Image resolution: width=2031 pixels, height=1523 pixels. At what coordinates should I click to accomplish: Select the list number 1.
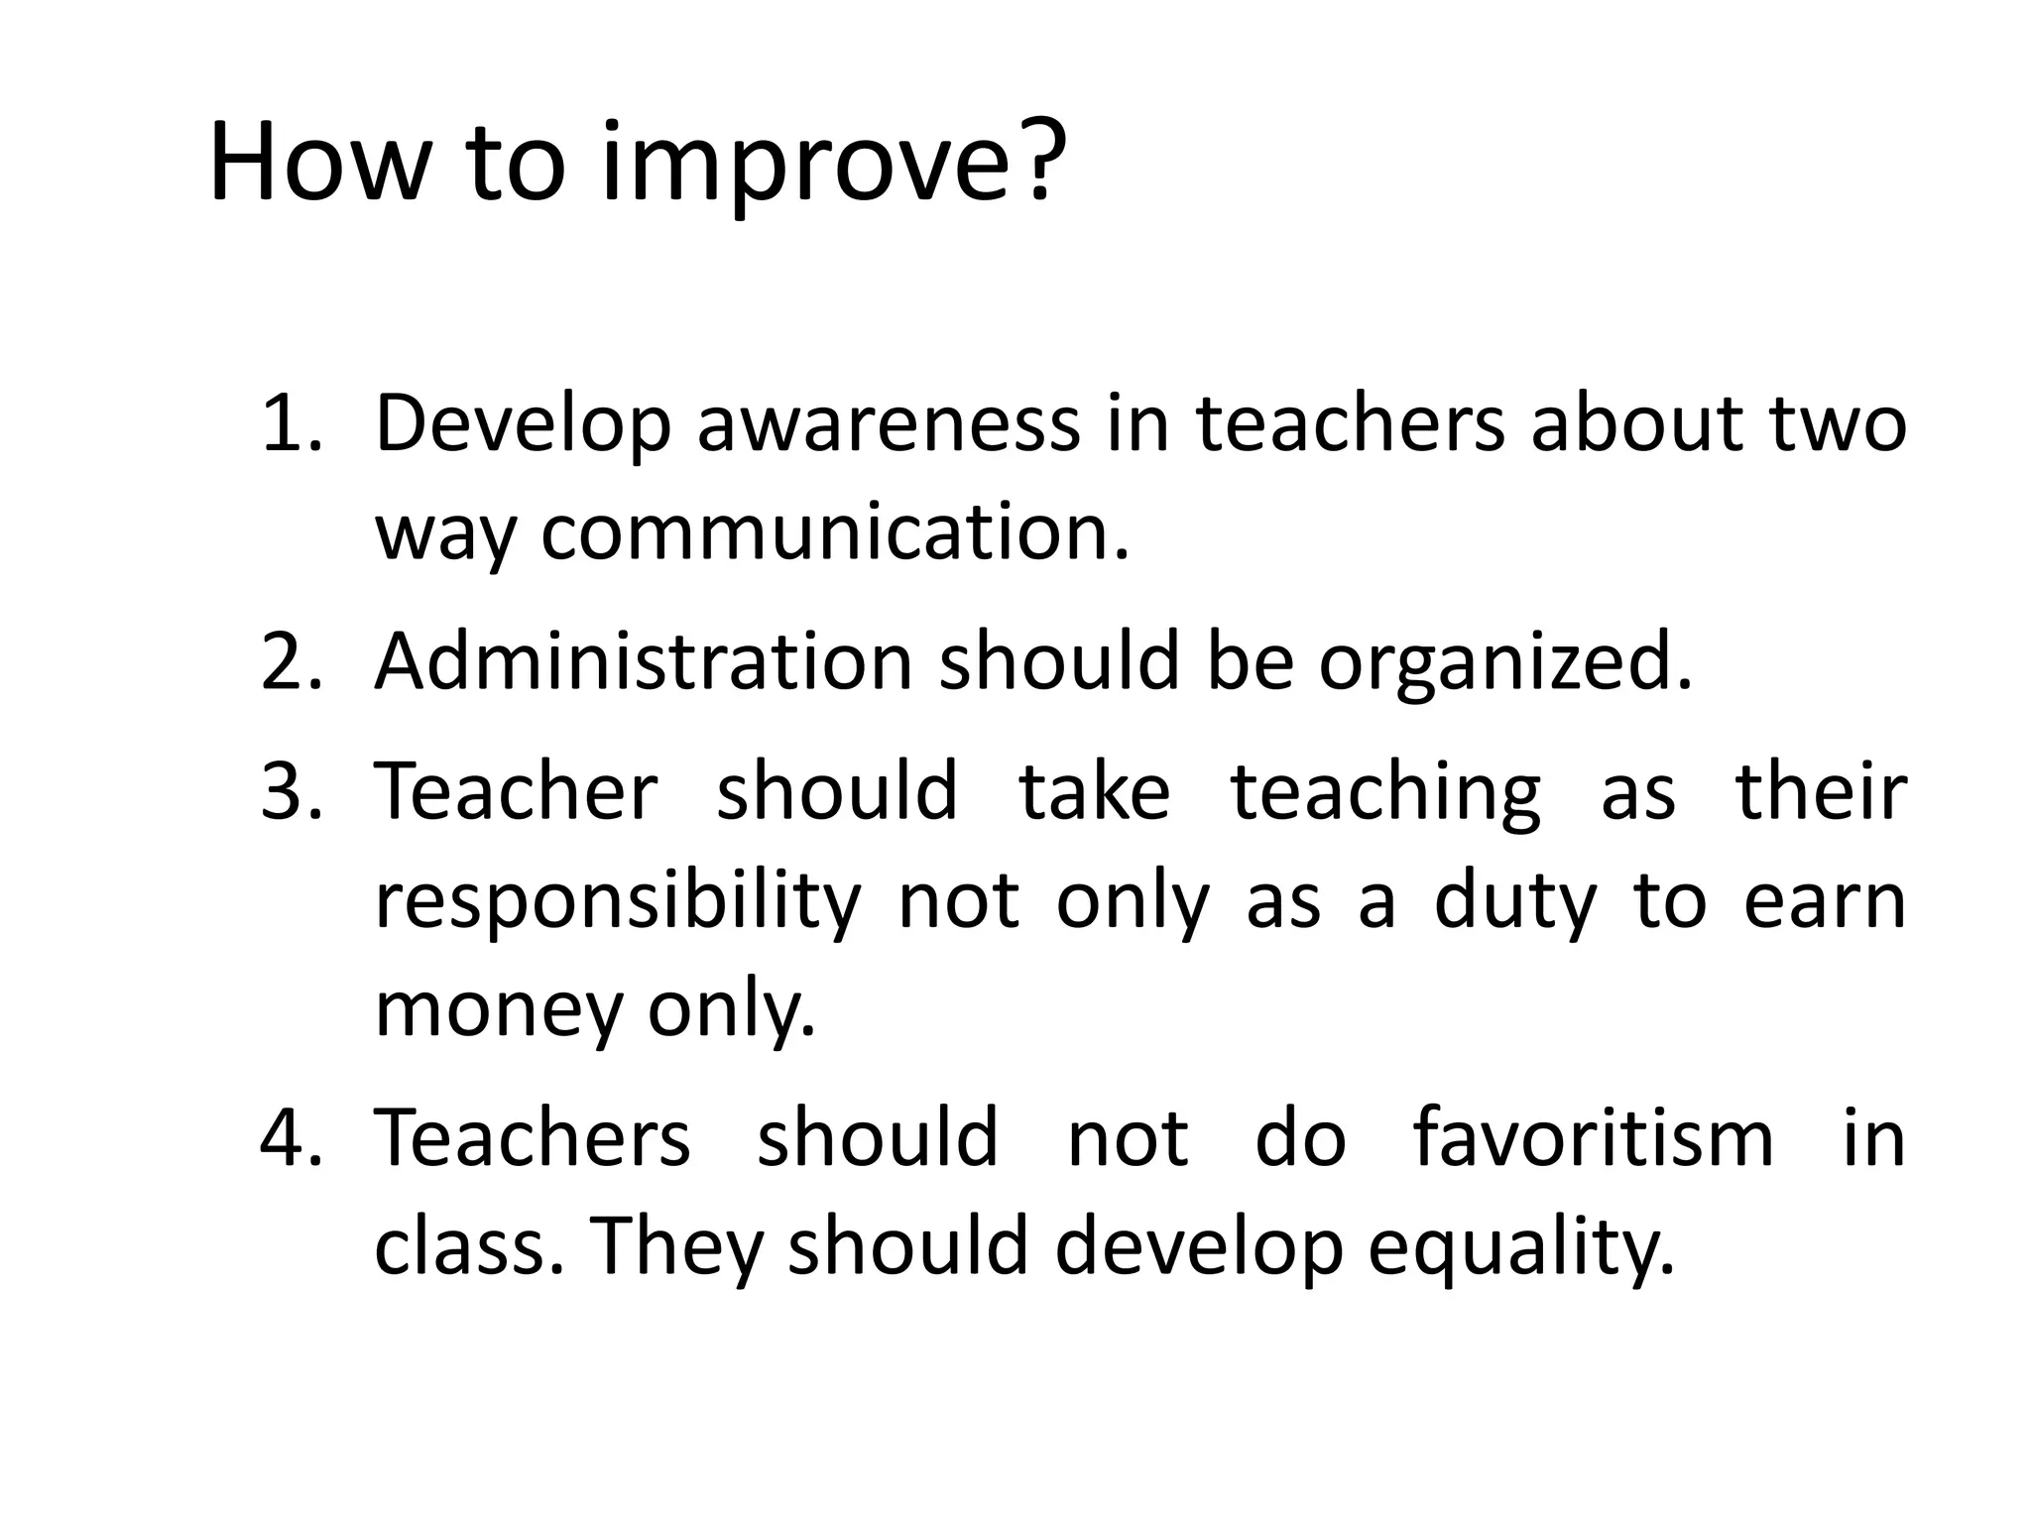point(290,424)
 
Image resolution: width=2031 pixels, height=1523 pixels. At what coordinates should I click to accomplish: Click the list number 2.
point(290,662)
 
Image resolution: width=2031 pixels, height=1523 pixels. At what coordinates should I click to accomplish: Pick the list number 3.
point(290,791)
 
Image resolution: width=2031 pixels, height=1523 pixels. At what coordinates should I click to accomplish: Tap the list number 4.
point(290,1137)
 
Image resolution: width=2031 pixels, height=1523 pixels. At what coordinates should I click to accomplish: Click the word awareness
point(888,424)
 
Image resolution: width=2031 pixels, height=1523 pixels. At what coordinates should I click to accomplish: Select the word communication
point(834,533)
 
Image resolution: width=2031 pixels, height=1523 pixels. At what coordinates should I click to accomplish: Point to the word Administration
point(643,662)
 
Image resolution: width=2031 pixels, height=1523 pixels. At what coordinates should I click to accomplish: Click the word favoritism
point(1593,1137)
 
